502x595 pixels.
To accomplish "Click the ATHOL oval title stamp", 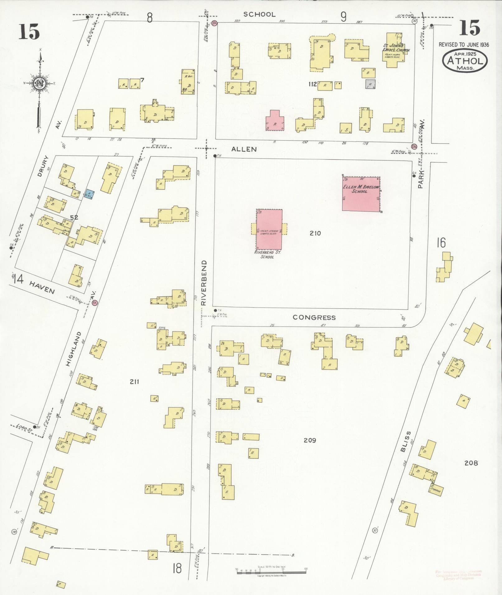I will point(465,61).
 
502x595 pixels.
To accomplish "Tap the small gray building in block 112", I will point(370,84).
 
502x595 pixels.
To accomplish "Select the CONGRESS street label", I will point(314,318).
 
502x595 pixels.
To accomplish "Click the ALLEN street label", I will point(244,150).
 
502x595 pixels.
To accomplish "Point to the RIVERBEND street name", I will point(204,283).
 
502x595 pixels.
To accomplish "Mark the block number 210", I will point(315,233).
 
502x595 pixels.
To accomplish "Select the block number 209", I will point(310,440).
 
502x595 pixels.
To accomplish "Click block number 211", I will point(134,382).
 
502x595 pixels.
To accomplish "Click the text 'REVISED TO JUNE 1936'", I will point(464,45).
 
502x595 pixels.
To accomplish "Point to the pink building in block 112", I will point(275,123).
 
